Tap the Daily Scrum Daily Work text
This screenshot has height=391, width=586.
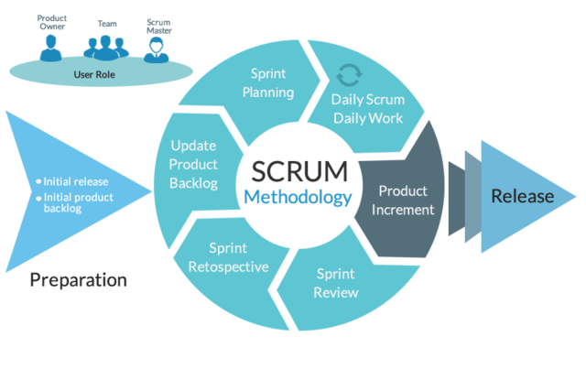click(x=368, y=109)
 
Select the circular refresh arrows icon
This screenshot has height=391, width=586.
click(x=348, y=74)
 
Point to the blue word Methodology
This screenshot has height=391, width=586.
click(x=298, y=198)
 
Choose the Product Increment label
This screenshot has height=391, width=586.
click(x=403, y=200)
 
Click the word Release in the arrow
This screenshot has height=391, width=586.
click(x=522, y=196)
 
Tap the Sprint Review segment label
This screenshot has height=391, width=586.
click(x=336, y=283)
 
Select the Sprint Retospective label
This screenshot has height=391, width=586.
click(x=227, y=257)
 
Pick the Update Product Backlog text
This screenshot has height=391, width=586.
click(x=194, y=164)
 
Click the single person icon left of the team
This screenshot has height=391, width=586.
click(x=49, y=46)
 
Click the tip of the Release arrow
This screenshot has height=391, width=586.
click(x=577, y=196)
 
